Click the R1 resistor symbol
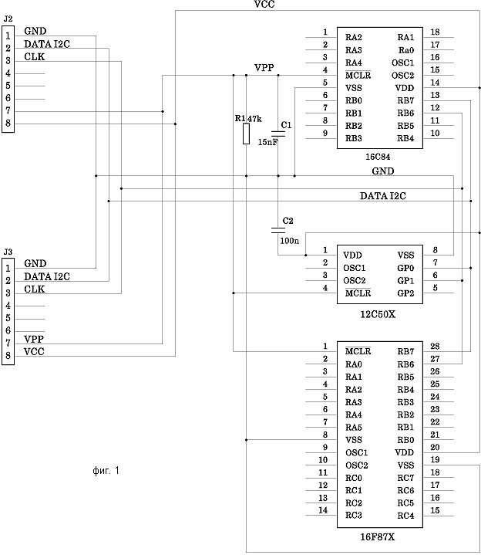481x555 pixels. pyautogui.click(x=246, y=134)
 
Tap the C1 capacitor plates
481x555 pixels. pyautogui.click(x=277, y=134)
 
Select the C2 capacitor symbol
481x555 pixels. pyautogui.click(x=277, y=231)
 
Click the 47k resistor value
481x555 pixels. pyautogui.click(x=254, y=119)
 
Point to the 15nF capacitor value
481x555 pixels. pyautogui.click(x=267, y=142)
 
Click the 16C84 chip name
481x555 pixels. pyautogui.click(x=378, y=157)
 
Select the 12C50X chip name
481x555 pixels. pyautogui.click(x=378, y=314)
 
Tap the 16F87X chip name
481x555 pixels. pyautogui.click(x=377, y=537)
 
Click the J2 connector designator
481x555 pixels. pyautogui.click(x=8, y=19)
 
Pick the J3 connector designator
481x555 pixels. pyautogui.click(x=8, y=252)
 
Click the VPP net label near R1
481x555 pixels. pyautogui.click(x=264, y=68)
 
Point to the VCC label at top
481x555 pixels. pyautogui.click(x=264, y=5)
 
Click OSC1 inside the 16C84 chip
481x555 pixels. pyautogui.click(x=402, y=63)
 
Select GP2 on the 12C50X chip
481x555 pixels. pyautogui.click(x=405, y=293)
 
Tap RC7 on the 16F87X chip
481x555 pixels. pyautogui.click(x=405, y=478)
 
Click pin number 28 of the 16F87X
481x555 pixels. pyautogui.click(x=435, y=346)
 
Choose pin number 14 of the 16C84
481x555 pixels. pyautogui.click(x=435, y=83)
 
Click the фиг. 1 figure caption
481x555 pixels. pyautogui.click(x=106, y=470)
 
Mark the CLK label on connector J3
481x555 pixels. pyautogui.click(x=34, y=289)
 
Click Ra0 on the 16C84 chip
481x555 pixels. pyautogui.click(x=406, y=50)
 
